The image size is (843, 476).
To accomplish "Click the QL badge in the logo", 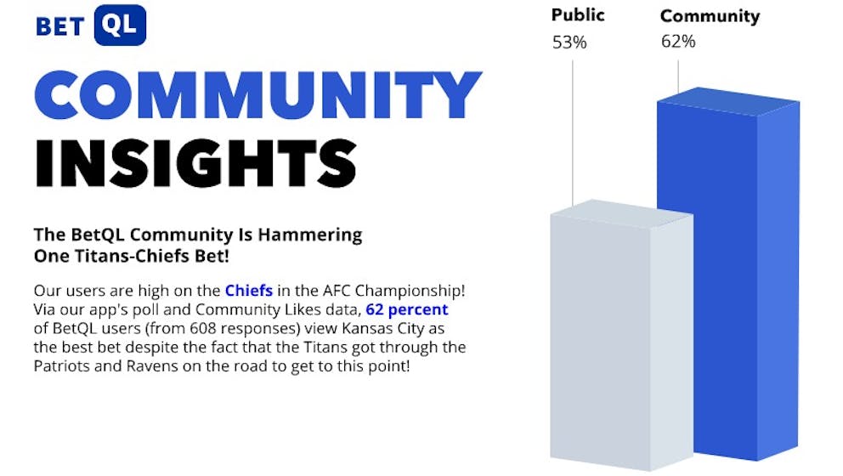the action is (120, 25).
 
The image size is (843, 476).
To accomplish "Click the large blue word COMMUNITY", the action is (258, 94).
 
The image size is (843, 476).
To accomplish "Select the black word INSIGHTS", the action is (195, 163).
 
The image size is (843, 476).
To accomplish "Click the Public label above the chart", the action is (578, 15).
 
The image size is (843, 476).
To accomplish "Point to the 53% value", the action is (569, 42).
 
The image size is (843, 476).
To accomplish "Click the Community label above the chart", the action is (710, 16).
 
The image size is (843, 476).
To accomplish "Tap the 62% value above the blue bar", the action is (678, 42).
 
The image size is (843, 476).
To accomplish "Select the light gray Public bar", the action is (621, 335).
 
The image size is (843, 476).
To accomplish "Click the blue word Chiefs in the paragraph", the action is (249, 291).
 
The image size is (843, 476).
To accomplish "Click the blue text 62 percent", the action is (407, 309).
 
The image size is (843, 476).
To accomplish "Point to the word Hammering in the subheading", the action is (309, 235).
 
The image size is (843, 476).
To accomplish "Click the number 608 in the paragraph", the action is (203, 329).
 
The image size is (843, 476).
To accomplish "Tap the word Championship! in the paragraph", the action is (410, 291).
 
